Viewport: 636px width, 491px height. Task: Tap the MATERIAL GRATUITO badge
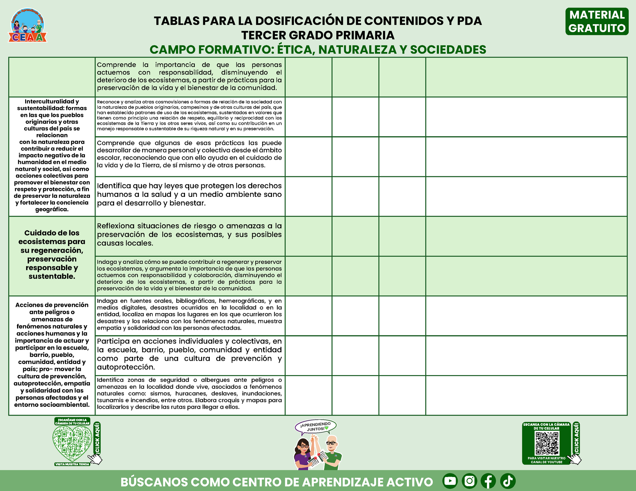597,22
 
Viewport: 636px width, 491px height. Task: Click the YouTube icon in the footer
450,481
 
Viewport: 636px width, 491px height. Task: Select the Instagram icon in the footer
469,481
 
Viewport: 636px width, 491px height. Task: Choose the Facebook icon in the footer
488,481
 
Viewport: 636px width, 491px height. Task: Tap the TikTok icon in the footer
508,481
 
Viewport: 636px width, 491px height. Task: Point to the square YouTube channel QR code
547,443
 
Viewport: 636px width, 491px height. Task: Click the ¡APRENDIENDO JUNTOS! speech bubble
315,427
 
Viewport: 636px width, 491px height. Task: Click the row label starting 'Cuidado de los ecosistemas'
52,255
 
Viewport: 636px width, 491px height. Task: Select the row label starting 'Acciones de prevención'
52,355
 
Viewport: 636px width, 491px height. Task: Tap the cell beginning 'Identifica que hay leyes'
189,195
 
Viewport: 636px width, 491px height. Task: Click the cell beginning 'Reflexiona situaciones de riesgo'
189,234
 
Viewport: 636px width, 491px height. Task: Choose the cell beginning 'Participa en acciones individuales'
189,354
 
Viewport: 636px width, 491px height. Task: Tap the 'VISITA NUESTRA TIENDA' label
72,464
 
